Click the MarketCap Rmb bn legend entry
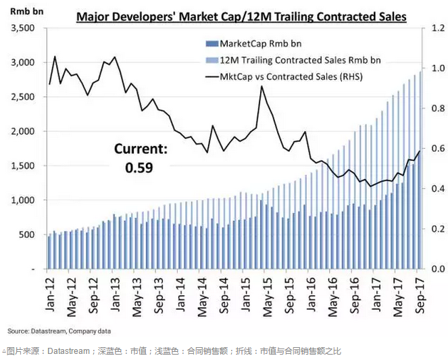tap(267, 44)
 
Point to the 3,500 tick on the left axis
tap(23, 28)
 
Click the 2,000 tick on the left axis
tap(23, 131)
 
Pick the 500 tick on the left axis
tap(28, 234)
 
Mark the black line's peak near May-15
tap(262, 86)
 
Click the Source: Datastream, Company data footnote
tap(59, 331)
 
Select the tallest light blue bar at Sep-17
tap(420, 169)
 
